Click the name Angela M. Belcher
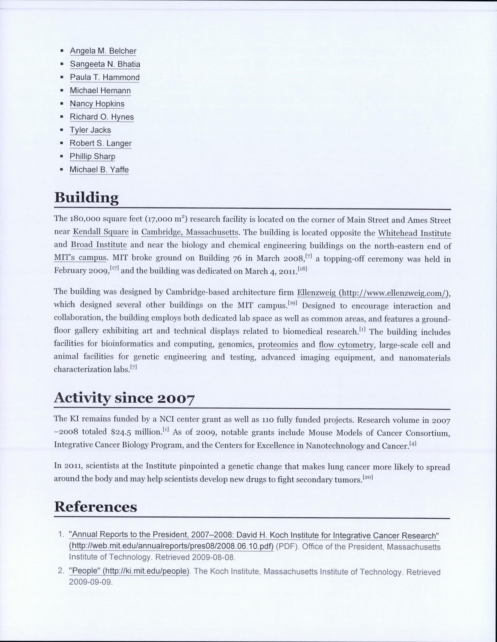pyautogui.click(x=103, y=51)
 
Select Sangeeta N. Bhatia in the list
pyautogui.click(x=105, y=64)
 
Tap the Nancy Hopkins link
pyautogui.click(x=97, y=104)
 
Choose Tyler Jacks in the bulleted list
pyautogui.click(x=90, y=130)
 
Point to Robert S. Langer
pyautogui.click(x=100, y=143)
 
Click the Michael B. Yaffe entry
pyautogui.click(x=99, y=169)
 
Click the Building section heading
pyautogui.click(x=86, y=198)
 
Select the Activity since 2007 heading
pyautogui.click(x=124, y=398)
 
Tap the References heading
pyautogui.click(x=96, y=507)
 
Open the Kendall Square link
pyautogui.click(x=101, y=232)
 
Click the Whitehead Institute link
pyautogui.click(x=414, y=233)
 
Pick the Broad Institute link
pyautogui.click(x=99, y=245)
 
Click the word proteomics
pyautogui.click(x=278, y=345)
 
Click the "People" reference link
pyautogui.click(x=129, y=571)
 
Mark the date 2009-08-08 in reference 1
pyautogui.click(x=213, y=558)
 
